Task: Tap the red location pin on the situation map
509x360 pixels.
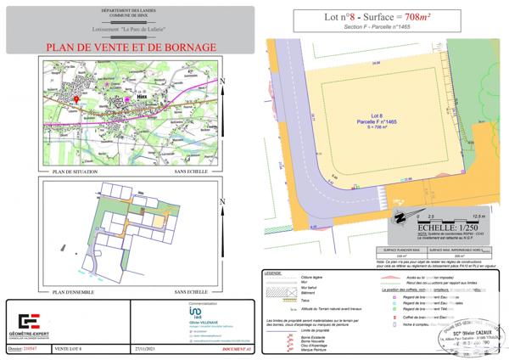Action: click(x=78, y=99)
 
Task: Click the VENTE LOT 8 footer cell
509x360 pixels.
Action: click(x=70, y=348)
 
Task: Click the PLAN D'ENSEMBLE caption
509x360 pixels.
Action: click(x=74, y=292)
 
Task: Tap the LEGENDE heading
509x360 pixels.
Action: click(x=274, y=273)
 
